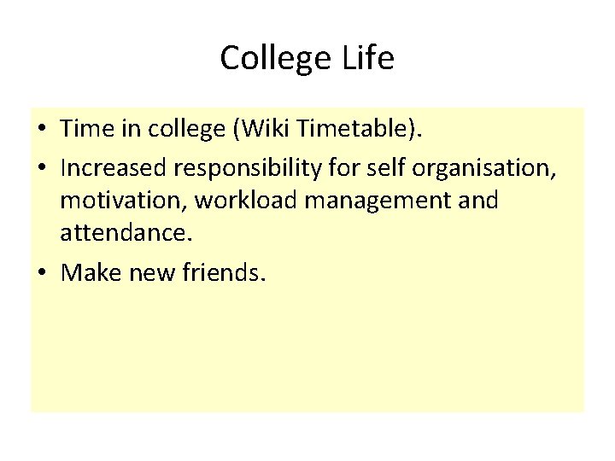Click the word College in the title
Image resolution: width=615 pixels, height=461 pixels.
coord(273,59)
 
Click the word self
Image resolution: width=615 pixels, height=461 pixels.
coord(385,168)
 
